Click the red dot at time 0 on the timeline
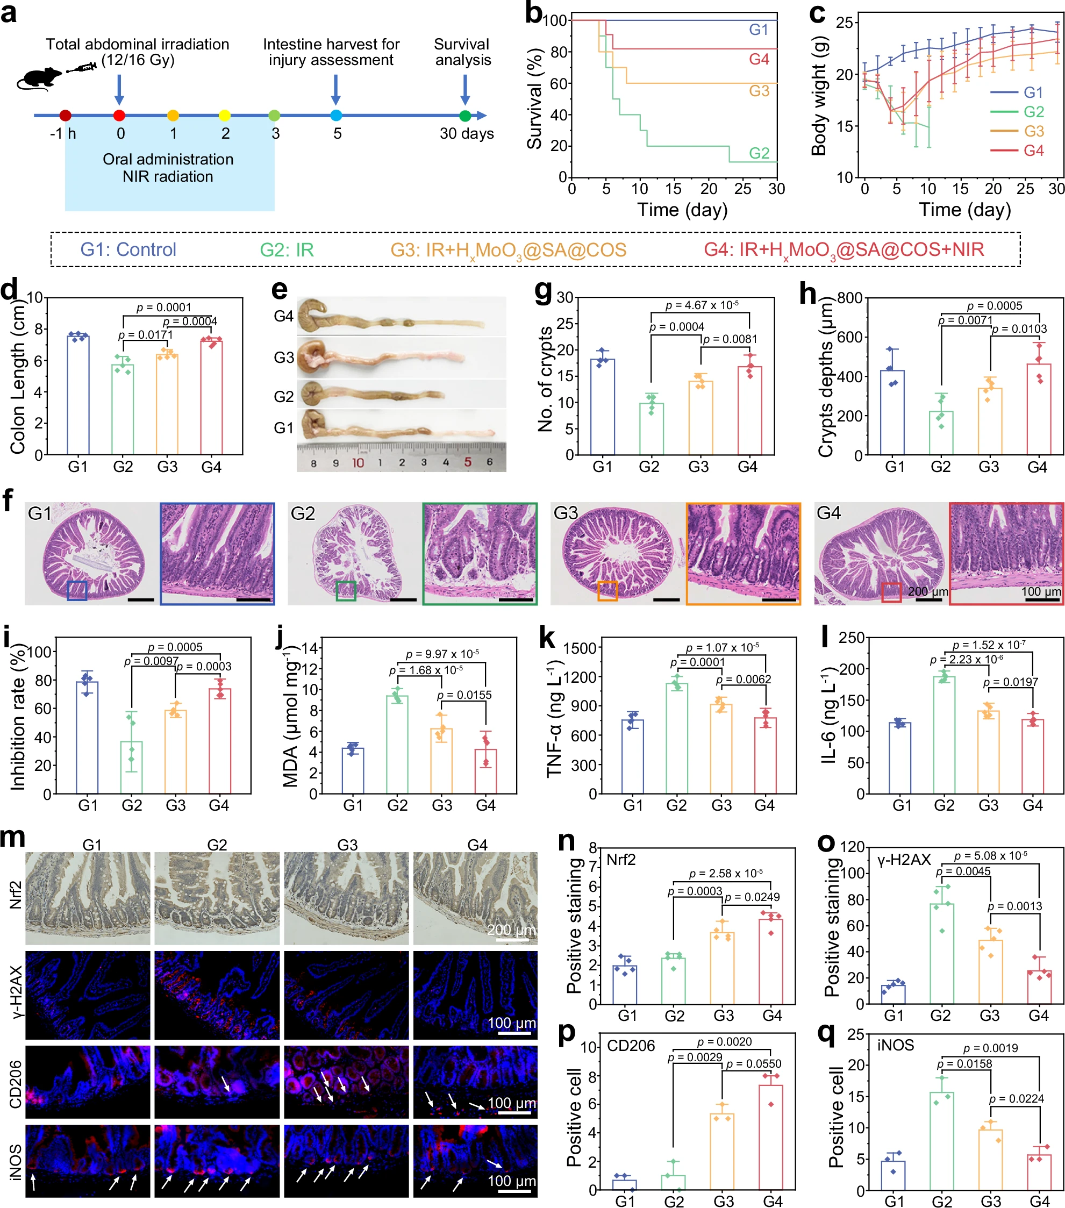pyautogui.click(x=119, y=115)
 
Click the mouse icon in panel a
pyautogui.click(x=38, y=77)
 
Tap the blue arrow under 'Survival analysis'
pyautogui.click(x=465, y=90)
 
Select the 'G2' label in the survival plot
pyautogui.click(x=759, y=153)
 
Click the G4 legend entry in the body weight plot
pyautogui.click(x=1033, y=151)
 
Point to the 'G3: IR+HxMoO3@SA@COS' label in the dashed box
pyautogui.click(x=508, y=250)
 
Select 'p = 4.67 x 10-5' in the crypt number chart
pyautogui.click(x=702, y=305)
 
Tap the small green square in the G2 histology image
pyautogui.click(x=346, y=590)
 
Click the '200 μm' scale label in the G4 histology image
pyautogui.click(x=927, y=591)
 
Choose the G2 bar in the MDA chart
pyautogui.click(x=397, y=744)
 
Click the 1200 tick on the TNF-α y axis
pyautogui.click(x=579, y=677)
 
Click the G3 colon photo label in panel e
pyautogui.click(x=284, y=358)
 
